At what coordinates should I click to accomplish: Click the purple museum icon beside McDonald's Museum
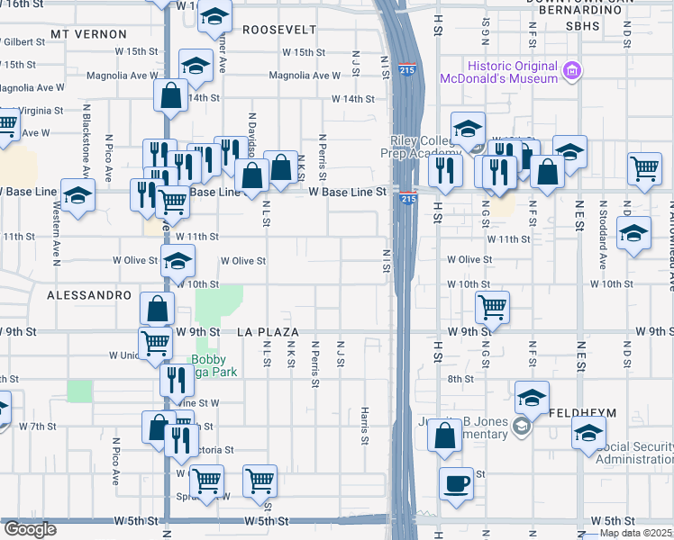tap(570, 70)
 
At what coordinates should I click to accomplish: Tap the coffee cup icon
tap(456, 483)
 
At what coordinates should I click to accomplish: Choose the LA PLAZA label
tap(268, 332)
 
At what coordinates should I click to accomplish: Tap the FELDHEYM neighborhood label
tap(582, 412)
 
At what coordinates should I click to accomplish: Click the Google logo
tap(29, 529)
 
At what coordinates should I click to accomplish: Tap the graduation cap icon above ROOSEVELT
tap(214, 16)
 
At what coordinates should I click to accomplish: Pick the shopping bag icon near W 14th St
tap(170, 94)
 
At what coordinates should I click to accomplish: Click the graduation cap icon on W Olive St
tap(178, 262)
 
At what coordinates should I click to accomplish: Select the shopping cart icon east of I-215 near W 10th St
tap(492, 307)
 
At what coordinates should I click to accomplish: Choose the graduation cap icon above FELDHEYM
tap(533, 396)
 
